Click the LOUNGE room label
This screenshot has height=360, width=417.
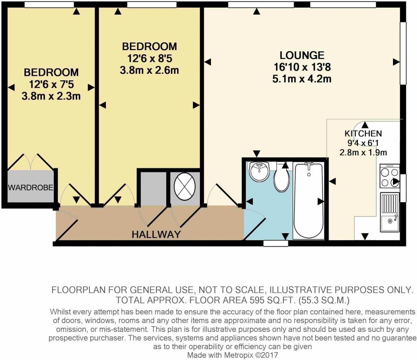coord(302,55)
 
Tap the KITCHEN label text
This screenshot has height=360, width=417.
coord(363,133)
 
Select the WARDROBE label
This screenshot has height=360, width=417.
coord(31,188)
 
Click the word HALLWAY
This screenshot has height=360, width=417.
coord(156,234)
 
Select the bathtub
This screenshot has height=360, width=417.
coord(309,201)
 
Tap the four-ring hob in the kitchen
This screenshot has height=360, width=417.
coord(390,176)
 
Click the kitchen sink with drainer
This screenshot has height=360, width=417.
coord(390,212)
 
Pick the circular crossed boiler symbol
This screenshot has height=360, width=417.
coord(184,186)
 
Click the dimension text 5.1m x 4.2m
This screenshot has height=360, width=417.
coord(302,79)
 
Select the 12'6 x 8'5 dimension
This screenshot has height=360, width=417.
coord(149,58)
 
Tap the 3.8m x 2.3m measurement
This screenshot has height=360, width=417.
coord(51,96)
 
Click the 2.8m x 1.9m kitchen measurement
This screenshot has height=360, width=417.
coord(363,152)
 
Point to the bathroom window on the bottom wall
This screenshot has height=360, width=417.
coord(276,243)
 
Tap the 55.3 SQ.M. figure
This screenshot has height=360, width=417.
coord(324,300)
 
